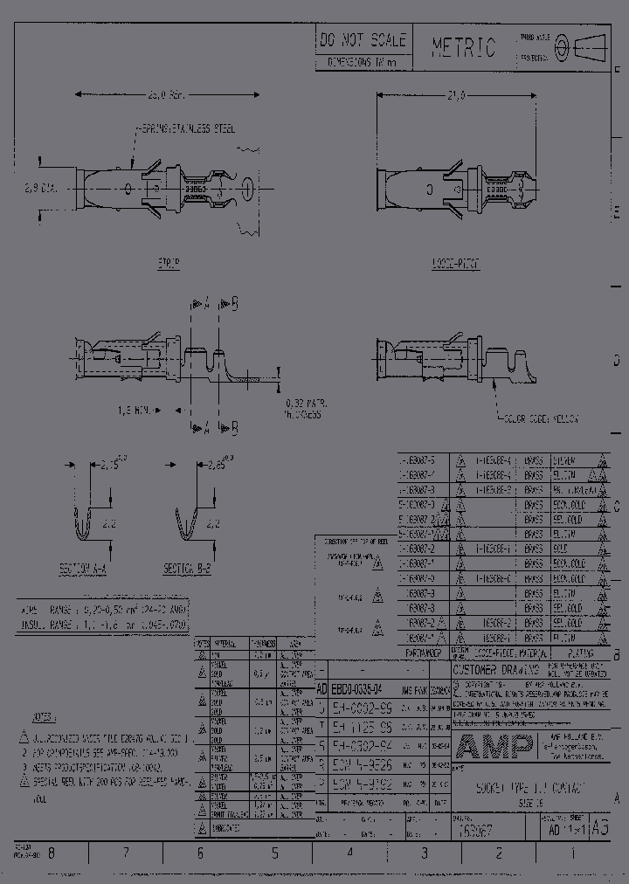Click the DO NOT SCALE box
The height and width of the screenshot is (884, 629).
[362, 40]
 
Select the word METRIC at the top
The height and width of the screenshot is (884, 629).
[463, 47]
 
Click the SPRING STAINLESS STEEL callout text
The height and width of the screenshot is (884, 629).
[186, 128]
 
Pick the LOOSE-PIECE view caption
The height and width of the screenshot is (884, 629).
[455, 264]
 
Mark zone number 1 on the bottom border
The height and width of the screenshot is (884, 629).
[572, 855]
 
